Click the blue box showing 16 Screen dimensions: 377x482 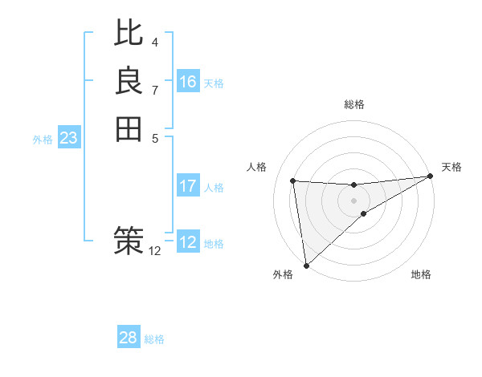tap(188, 82)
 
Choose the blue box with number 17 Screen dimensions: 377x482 tap(188, 186)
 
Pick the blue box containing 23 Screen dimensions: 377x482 tap(69, 138)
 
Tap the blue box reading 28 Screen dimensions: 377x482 tap(129, 338)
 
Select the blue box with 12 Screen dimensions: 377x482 tap(188, 242)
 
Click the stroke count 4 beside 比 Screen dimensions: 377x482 tap(155, 42)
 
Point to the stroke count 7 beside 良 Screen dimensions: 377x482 tap(155, 90)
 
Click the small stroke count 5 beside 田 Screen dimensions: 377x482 tap(155, 138)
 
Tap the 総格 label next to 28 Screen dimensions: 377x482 tap(154, 339)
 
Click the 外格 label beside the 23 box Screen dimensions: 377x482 tap(43, 140)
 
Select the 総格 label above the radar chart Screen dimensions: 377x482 tap(353, 104)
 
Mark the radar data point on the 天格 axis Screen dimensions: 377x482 tap(430, 176)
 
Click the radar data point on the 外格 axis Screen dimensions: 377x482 tap(306, 266)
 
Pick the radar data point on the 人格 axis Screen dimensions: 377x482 tap(292, 180)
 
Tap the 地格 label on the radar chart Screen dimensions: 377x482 tap(421, 275)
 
